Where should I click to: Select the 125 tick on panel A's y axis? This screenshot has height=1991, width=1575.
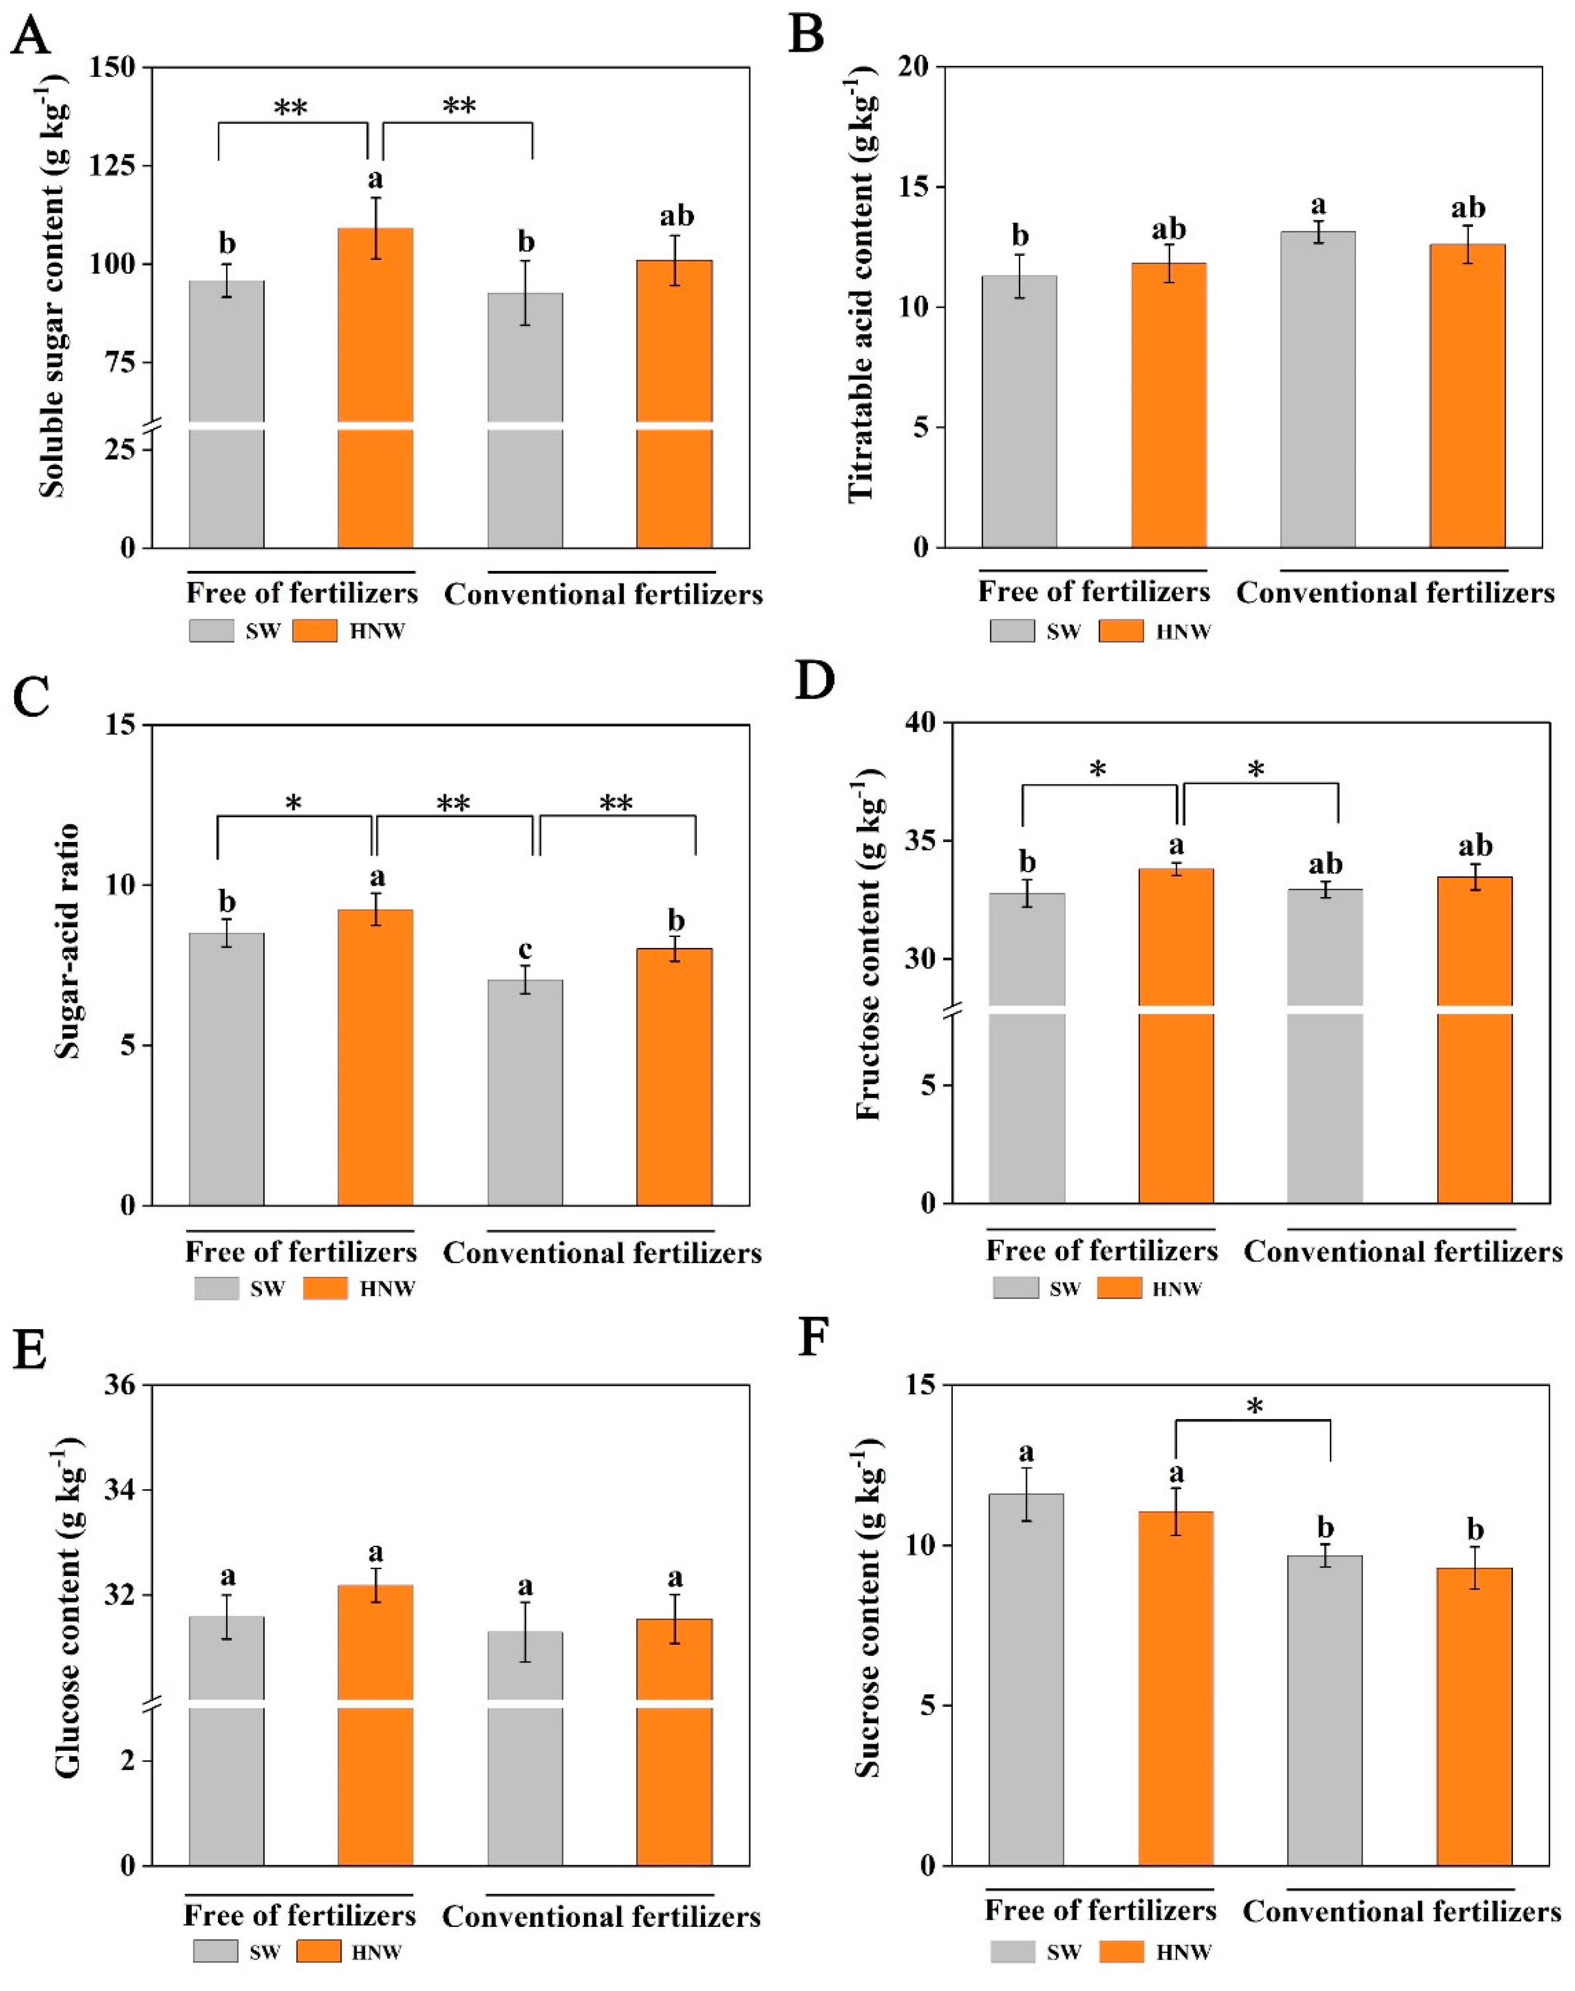(111, 166)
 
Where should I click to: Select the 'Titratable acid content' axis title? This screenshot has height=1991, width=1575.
(860, 290)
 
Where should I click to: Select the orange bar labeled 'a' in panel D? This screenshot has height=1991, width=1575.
(1176, 1033)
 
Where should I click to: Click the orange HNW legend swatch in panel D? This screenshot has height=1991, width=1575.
(1118, 1288)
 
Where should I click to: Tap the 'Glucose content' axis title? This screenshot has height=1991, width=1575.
(67, 1623)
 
